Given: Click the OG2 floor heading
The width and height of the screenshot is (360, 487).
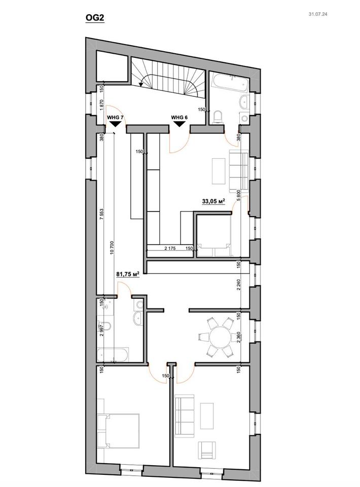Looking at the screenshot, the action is tap(95, 18).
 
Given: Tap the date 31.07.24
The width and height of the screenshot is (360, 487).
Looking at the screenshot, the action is tap(318, 14).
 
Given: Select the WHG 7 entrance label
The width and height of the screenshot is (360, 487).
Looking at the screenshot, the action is tap(116, 118).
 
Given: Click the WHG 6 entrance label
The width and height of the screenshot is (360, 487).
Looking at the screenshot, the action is tap(179, 117).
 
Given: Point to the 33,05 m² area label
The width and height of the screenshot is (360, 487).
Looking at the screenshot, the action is tap(213, 201).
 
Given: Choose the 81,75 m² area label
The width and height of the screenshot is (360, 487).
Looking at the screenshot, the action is tap(127, 274).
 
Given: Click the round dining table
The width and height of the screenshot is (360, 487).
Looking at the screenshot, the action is tap(221, 337).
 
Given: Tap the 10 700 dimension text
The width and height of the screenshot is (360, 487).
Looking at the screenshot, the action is tap(113, 249).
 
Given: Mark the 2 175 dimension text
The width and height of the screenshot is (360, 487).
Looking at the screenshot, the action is tap(170, 249).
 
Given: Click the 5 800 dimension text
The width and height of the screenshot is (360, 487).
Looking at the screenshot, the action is tap(239, 195).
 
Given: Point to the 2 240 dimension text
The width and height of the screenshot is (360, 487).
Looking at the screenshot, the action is tap(239, 284).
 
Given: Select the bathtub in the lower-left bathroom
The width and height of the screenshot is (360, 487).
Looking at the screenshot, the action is tap(113, 355).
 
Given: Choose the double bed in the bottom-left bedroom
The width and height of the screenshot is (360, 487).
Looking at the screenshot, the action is tap(118, 431).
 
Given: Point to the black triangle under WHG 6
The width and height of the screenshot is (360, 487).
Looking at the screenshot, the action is tap(179, 124).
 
